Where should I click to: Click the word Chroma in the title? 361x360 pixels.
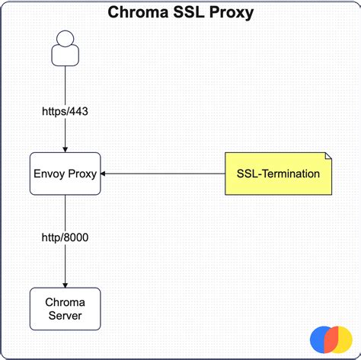coord(139,13)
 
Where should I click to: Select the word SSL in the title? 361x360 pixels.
coord(190,13)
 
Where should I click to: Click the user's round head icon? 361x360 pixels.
coord(65,38)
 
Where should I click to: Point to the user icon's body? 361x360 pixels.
coord(65,56)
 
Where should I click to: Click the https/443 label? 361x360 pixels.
coord(65,111)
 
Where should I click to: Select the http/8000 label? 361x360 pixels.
coord(65,237)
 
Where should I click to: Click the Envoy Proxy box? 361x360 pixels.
coord(65,174)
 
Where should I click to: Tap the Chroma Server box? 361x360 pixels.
coord(65,308)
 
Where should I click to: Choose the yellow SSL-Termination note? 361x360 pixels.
coord(277,174)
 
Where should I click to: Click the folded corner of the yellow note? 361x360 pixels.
coord(326,157)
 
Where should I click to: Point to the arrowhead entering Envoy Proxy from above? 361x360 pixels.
coord(65,149)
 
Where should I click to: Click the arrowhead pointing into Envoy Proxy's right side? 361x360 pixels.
coord(105,174)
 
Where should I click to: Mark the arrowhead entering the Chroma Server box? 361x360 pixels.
coord(65,284)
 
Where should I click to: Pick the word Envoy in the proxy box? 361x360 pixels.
coord(50,174)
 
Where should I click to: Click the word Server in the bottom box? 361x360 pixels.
coord(65,315)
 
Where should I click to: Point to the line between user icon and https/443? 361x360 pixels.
coord(65,84)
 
